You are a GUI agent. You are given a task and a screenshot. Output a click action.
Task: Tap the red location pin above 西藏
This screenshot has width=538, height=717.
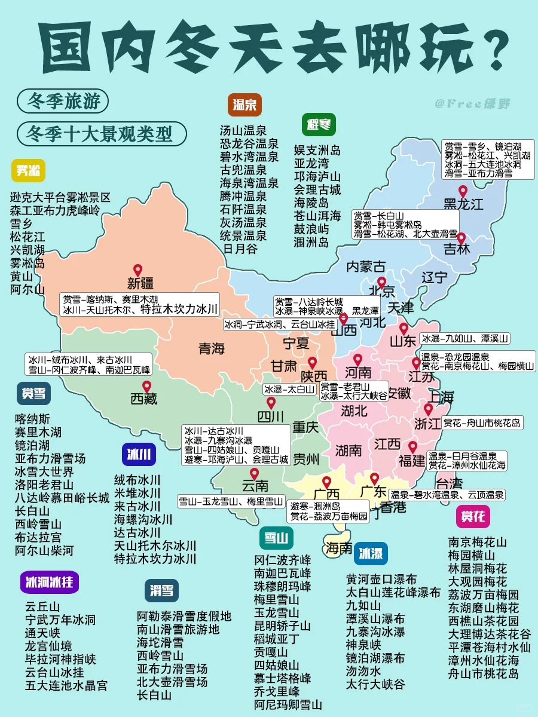coord(146,387)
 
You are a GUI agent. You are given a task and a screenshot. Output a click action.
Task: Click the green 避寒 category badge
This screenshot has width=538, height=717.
coord(318,125)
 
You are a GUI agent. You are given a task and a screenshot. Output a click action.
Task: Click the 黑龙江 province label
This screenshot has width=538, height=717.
coord(463,205)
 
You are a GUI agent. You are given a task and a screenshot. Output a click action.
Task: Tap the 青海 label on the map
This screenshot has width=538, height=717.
coord(212,348)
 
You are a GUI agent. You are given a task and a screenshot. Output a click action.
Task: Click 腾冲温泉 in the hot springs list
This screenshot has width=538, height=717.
coord(243,196)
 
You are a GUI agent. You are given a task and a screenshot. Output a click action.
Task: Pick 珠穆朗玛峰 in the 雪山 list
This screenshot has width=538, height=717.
coord(282,586)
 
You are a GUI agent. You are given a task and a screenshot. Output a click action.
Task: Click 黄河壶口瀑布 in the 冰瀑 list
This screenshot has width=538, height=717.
coord(381,579)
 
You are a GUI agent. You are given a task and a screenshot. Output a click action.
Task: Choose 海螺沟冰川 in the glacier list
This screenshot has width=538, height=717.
coord(143,519)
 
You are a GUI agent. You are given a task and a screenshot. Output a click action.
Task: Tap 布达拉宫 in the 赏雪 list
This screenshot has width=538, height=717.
coord(38,537)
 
